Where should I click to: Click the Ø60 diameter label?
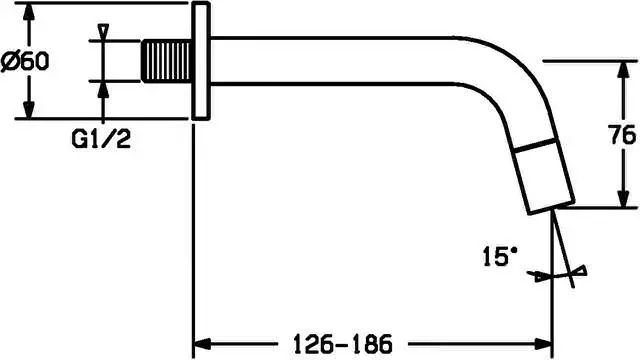click(x=25, y=61)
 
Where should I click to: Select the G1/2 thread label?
click(x=101, y=139)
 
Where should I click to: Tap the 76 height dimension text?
click(x=622, y=135)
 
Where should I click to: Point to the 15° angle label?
click(x=500, y=256)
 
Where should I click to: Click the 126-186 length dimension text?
click(x=343, y=344)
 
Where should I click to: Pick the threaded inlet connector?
click(x=166, y=61)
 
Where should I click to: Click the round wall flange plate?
click(x=201, y=61)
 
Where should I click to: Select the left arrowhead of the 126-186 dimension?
click(x=202, y=344)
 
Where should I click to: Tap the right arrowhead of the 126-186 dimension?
click(x=543, y=344)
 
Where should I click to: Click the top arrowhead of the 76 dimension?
click(x=622, y=70)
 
